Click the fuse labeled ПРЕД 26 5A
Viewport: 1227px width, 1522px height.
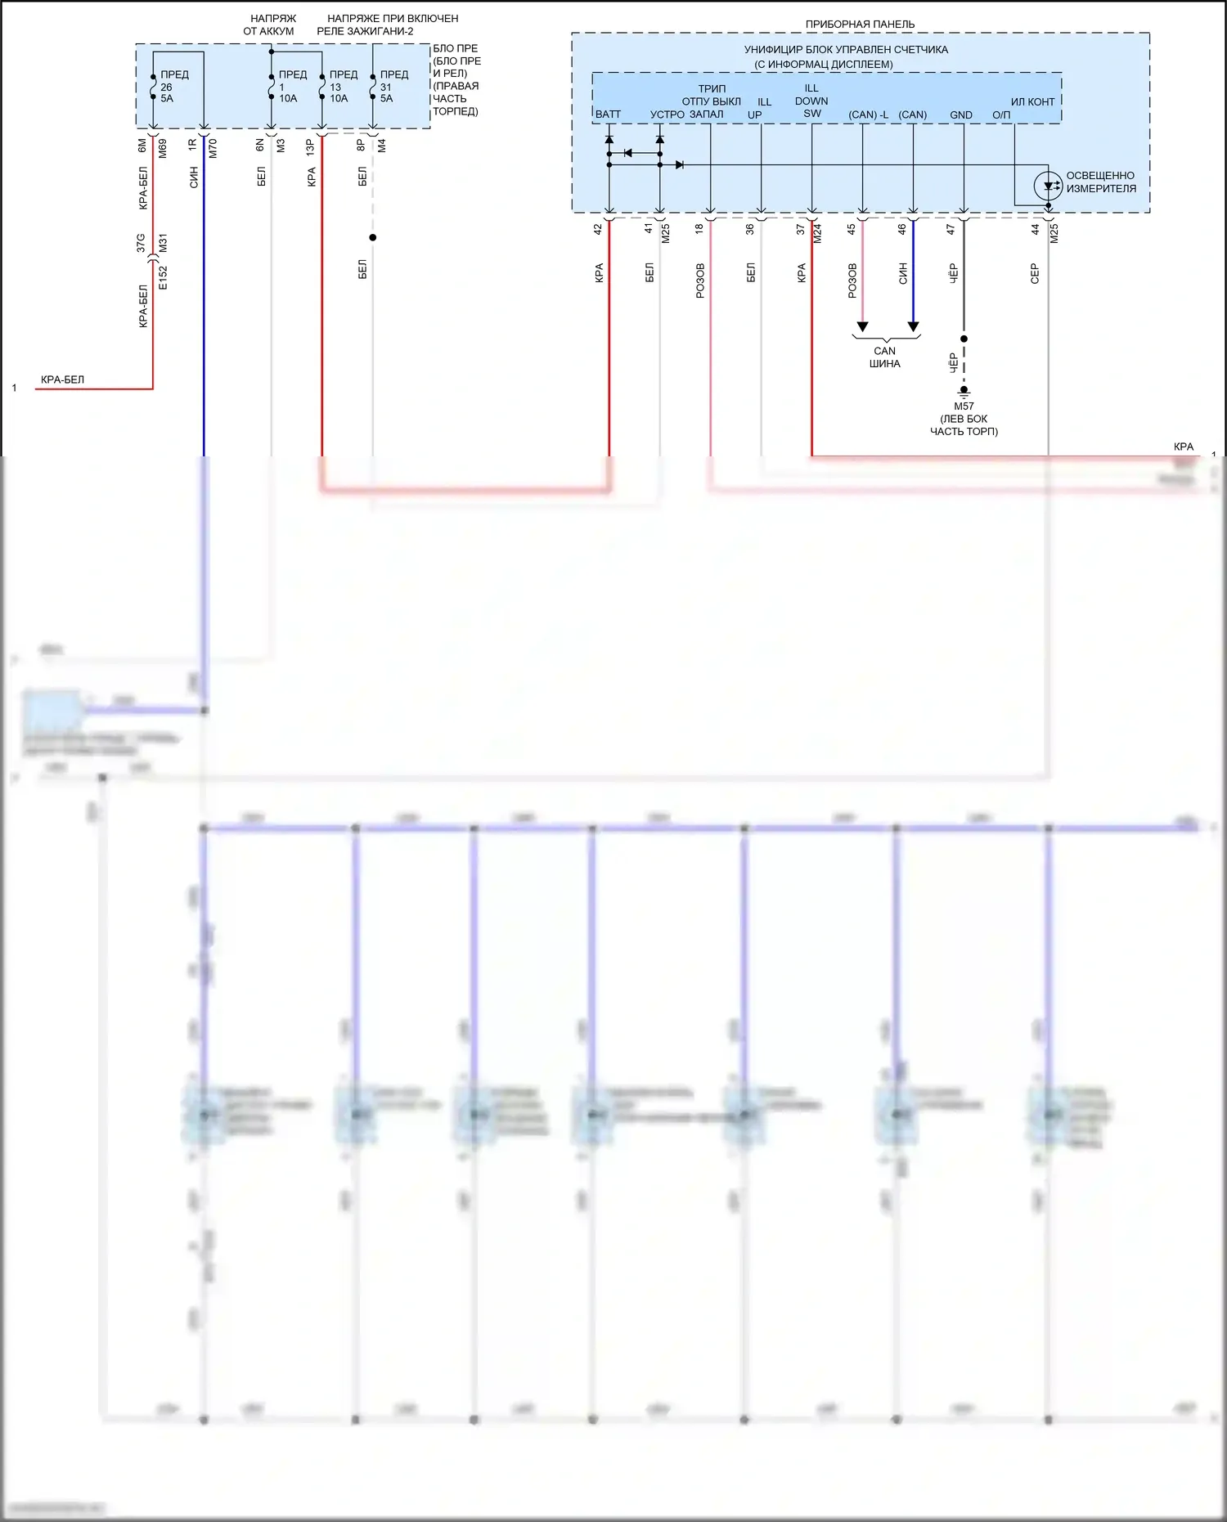coord(154,87)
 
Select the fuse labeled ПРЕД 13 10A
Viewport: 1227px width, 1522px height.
coord(322,87)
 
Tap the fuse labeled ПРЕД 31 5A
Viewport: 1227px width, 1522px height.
coord(373,87)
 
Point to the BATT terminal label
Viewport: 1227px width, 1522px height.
coord(608,114)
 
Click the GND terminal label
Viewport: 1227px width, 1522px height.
coord(961,115)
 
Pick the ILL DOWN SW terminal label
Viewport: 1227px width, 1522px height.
coord(811,101)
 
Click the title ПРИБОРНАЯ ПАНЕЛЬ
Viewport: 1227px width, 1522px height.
coord(860,25)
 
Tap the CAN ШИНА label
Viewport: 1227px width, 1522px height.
coord(884,357)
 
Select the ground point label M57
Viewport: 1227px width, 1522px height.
coord(964,406)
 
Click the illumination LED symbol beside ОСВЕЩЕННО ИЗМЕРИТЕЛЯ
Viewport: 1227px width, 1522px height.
coord(1048,186)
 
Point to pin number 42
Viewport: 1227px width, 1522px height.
coord(598,230)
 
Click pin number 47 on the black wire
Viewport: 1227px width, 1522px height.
coord(951,230)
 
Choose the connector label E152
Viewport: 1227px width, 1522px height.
coord(163,277)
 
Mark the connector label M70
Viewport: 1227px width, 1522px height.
coord(213,148)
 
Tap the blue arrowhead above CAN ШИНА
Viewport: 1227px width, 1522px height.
coord(913,327)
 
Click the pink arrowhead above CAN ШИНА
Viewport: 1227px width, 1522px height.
coord(862,327)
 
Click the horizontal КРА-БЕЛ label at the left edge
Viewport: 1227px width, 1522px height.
coord(62,379)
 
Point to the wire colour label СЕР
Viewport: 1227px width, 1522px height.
coord(1035,273)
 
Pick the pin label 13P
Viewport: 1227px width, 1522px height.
coord(311,147)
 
